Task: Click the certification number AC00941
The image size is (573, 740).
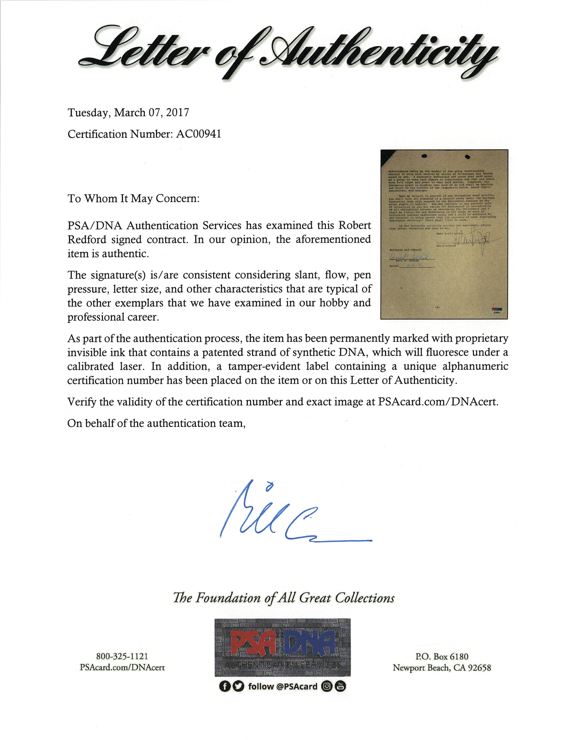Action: click(x=199, y=134)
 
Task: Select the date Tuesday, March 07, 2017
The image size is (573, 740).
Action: click(x=128, y=112)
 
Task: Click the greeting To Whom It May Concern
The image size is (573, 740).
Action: click(x=133, y=199)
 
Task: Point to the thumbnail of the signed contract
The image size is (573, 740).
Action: click(x=444, y=234)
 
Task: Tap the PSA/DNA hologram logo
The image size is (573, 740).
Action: click(x=282, y=647)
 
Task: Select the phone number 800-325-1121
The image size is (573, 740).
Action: click(x=122, y=656)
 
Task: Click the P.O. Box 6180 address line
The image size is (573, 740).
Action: click(x=442, y=656)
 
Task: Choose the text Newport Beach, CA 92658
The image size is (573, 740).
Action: click(x=442, y=668)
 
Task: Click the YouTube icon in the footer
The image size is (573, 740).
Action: click(x=340, y=686)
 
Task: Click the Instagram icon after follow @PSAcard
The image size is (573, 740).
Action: click(x=327, y=686)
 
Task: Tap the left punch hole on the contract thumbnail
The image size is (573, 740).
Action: click(x=424, y=156)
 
